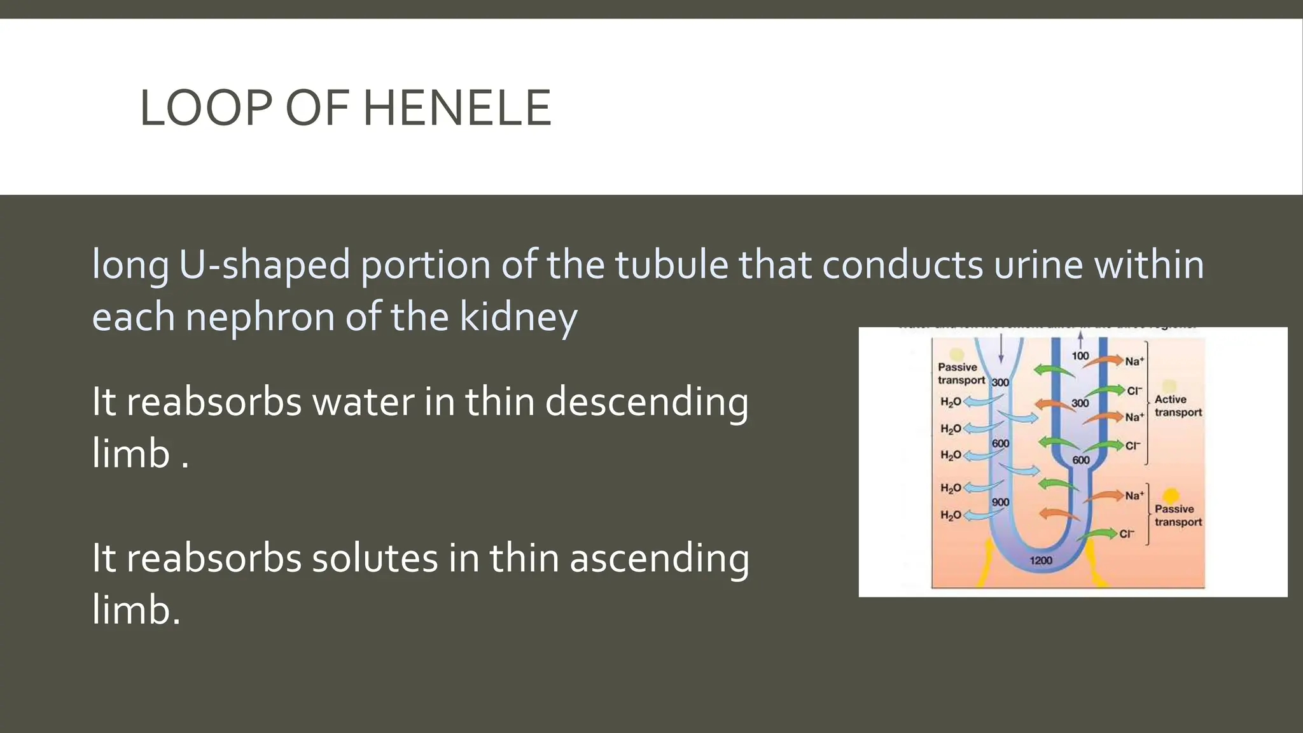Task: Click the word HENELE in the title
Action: point(456,108)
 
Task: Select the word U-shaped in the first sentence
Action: point(265,264)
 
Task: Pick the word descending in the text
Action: point(646,402)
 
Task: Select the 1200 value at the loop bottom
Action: point(1041,561)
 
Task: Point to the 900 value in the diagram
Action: point(1001,502)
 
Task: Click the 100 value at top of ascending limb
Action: point(1080,356)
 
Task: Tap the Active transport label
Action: point(1178,406)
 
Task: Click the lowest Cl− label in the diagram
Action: point(1127,534)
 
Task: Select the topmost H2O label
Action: point(951,402)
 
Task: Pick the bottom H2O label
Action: point(951,515)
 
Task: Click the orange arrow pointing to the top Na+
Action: point(1104,361)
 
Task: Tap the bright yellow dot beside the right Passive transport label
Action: point(1169,495)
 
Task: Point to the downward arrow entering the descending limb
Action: point(1001,348)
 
